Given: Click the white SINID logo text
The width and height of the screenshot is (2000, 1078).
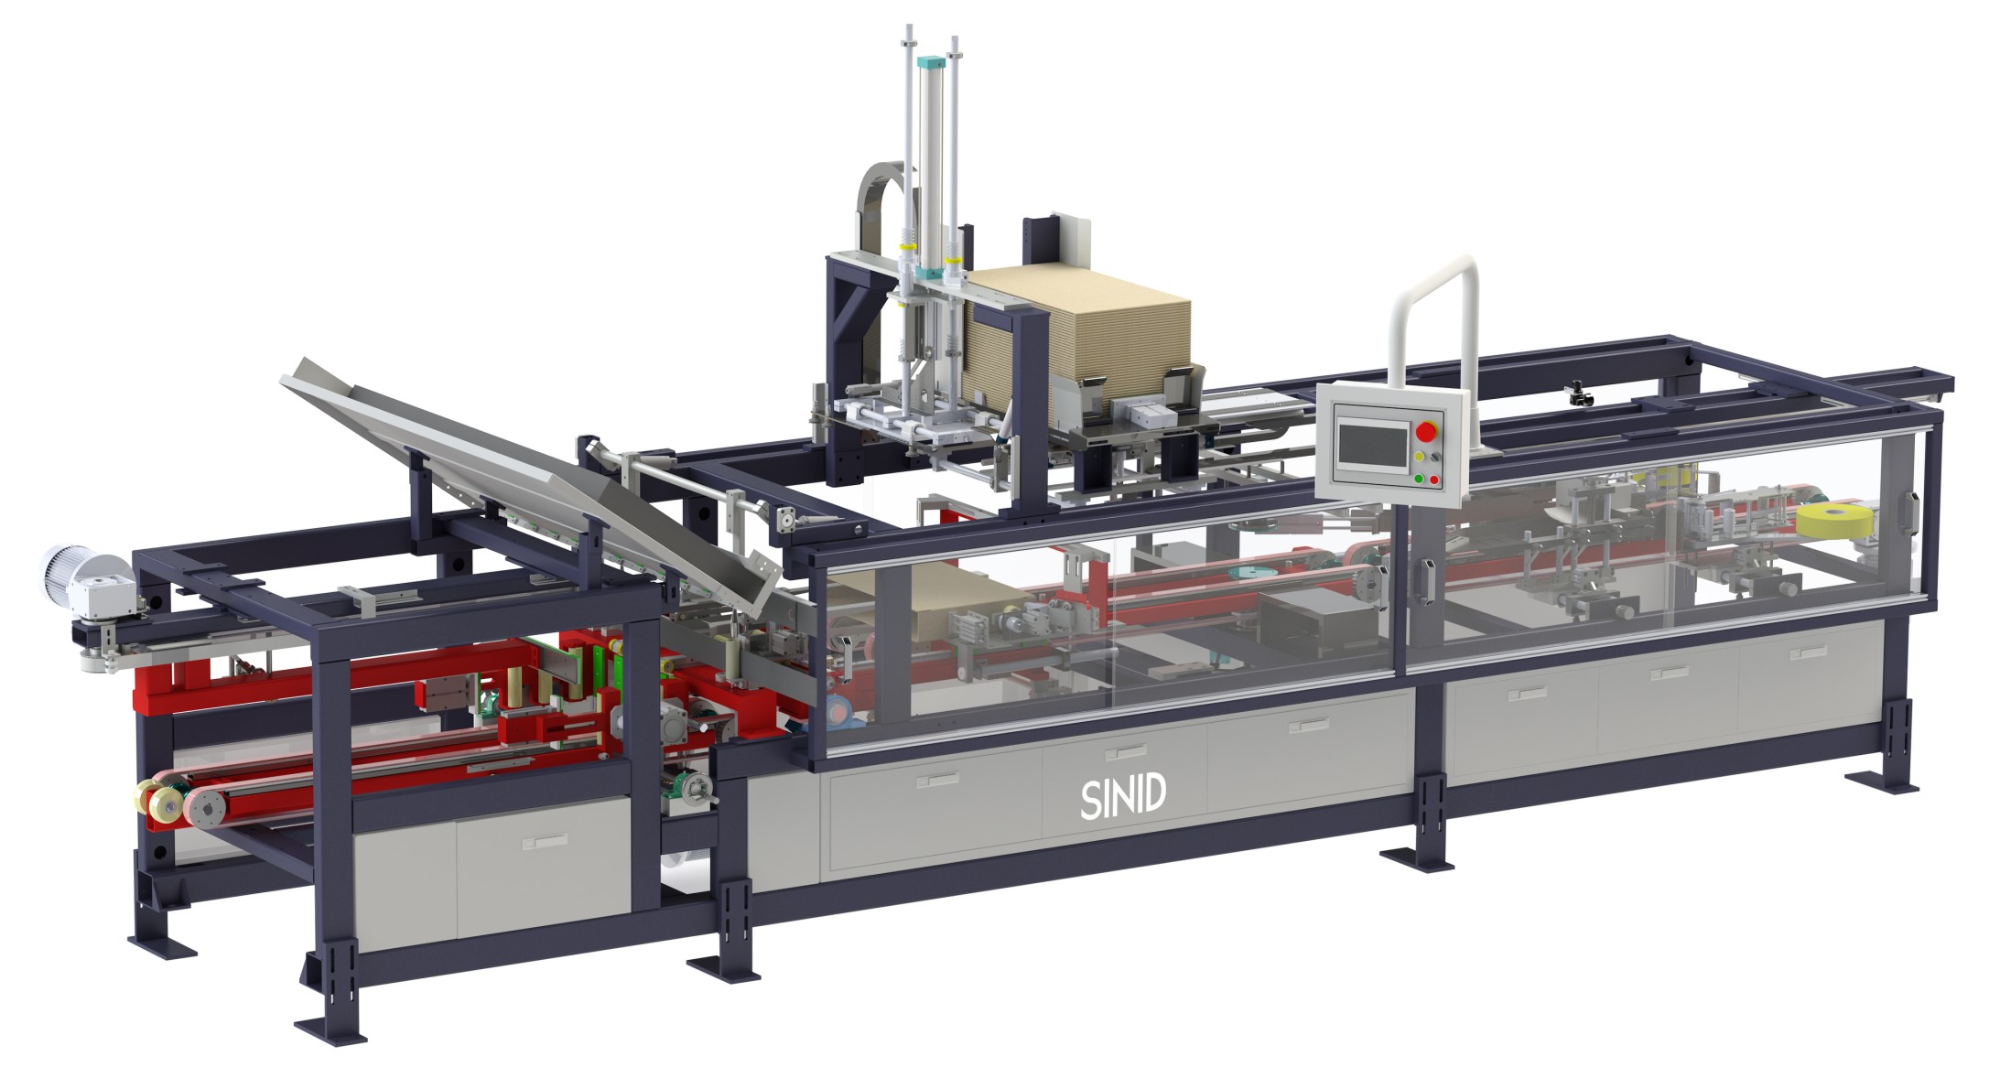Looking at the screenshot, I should (x=1122, y=798).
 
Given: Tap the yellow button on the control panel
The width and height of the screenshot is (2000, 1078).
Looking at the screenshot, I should (x=1420, y=455).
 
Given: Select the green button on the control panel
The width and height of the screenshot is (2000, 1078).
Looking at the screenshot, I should (x=1418, y=478).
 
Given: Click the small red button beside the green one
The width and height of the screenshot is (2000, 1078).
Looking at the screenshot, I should (x=1433, y=479).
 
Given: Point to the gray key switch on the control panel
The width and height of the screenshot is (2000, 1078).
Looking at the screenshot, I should (x=1434, y=456).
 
